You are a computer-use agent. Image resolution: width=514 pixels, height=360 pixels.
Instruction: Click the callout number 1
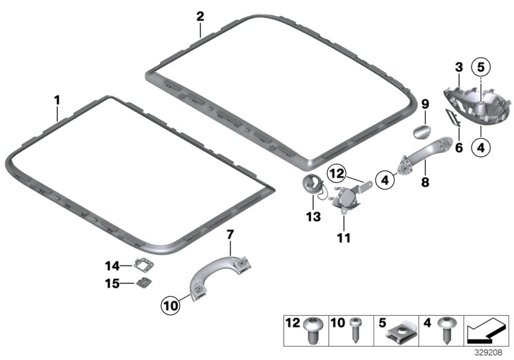tap(57, 100)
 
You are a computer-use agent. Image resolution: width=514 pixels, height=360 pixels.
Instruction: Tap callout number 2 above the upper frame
tap(200, 15)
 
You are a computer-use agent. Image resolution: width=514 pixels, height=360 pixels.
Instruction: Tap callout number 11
tap(344, 238)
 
